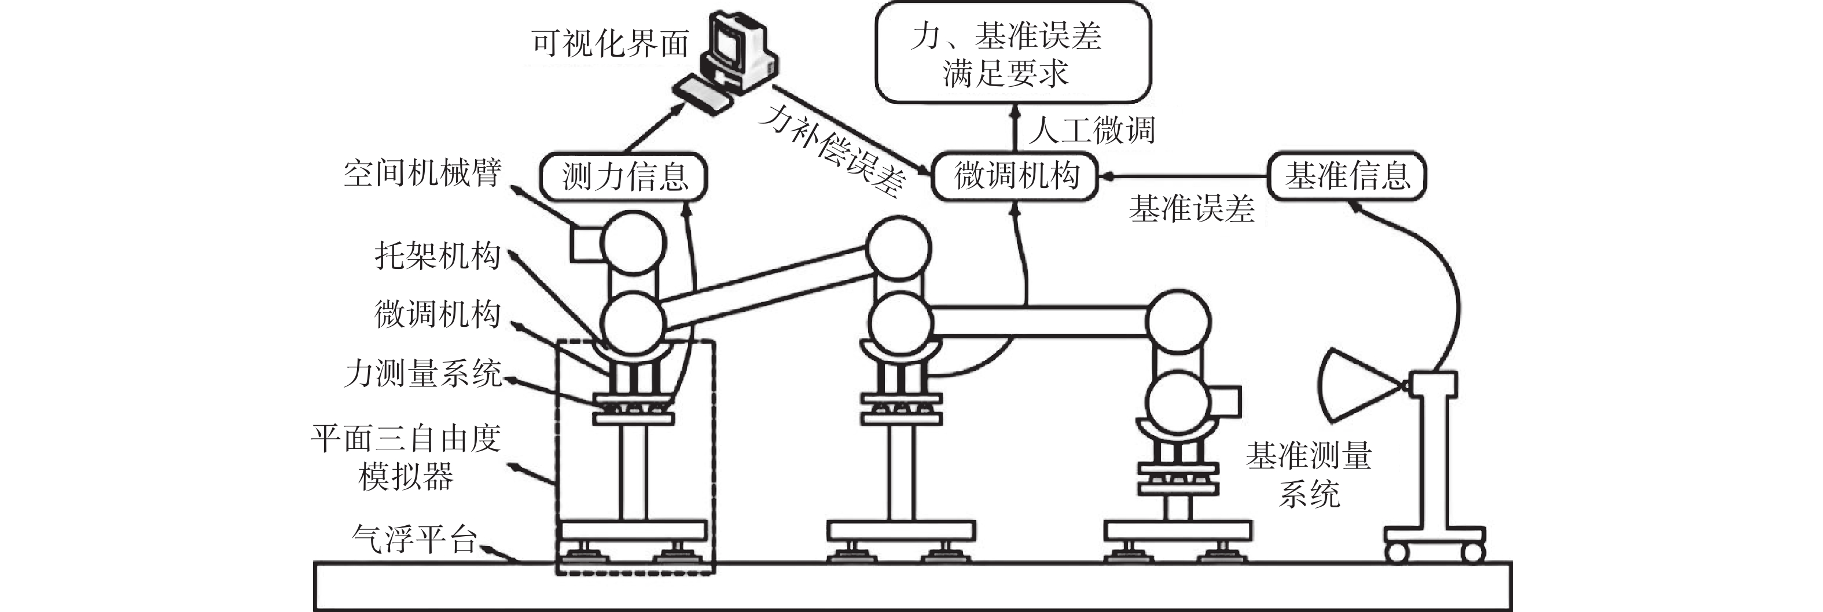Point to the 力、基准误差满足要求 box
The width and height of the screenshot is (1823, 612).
tap(1013, 53)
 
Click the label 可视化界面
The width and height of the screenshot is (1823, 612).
tap(610, 44)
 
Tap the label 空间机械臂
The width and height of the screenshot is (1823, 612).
tap(423, 172)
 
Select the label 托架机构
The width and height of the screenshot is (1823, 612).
tap(438, 256)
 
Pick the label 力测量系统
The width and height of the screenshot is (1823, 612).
tap(423, 374)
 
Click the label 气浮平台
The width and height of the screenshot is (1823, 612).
tap(415, 539)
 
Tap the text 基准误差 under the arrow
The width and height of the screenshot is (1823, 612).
tap(1192, 209)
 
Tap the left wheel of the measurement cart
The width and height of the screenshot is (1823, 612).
tap(1396, 552)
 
